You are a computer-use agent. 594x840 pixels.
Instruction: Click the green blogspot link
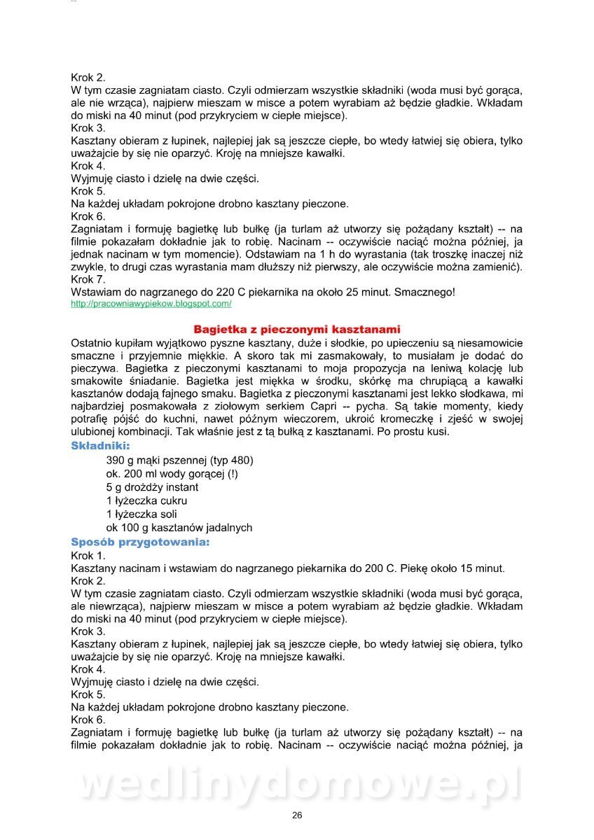(x=151, y=304)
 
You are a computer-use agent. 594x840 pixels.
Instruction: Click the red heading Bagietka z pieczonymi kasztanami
(x=296, y=329)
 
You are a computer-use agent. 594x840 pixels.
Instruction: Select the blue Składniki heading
(x=100, y=445)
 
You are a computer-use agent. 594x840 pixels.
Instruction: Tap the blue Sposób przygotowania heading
(x=140, y=542)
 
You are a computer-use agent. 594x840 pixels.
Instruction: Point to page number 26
(x=297, y=815)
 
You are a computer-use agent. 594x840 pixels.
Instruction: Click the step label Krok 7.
(x=88, y=279)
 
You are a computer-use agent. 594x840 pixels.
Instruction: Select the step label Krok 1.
(x=88, y=555)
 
